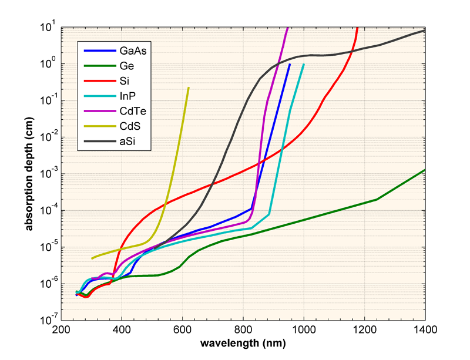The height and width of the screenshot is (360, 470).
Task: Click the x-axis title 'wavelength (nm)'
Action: [x=243, y=342]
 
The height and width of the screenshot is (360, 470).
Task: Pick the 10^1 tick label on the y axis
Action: [x=47, y=27]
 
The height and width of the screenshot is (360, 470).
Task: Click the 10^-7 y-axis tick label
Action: [x=47, y=321]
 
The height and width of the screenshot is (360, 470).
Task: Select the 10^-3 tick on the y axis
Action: [x=47, y=174]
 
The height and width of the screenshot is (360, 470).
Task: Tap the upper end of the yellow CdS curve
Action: [x=188, y=88]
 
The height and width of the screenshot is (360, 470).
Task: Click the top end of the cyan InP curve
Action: [x=304, y=64]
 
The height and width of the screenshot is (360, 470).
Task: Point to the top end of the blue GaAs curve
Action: [x=290, y=64]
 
